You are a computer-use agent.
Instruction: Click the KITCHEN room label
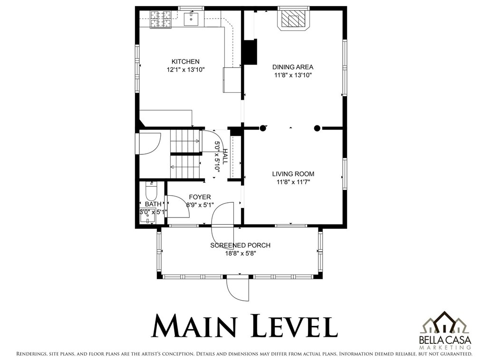coord(185,61)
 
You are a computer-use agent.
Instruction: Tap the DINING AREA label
coord(293,67)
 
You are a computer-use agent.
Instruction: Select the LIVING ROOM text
coord(293,174)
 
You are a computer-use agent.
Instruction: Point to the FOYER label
coord(200,197)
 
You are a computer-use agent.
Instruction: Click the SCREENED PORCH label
coord(241,246)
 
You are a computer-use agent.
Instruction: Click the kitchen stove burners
coord(161,19)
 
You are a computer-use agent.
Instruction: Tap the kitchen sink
coord(191,19)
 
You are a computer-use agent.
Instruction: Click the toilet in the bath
coord(151,190)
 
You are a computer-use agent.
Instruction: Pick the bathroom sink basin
coord(148,217)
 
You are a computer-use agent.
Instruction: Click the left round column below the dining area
coord(262,128)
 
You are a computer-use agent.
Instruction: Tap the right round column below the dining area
coord(317,128)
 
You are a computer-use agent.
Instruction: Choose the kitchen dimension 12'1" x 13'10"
coord(186,70)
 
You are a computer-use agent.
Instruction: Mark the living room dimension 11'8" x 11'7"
coord(293,182)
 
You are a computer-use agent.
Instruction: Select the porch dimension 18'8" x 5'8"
coord(241,254)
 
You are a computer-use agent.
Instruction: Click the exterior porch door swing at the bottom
coord(237,289)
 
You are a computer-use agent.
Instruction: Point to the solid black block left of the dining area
coord(250,52)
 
